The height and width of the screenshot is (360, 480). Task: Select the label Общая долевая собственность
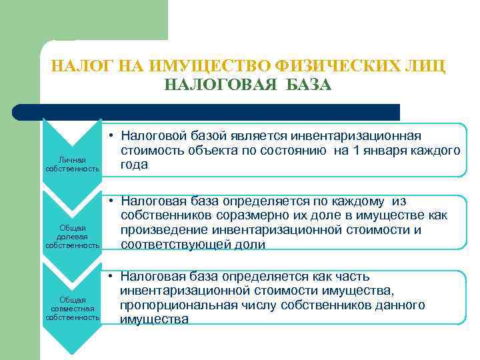pos(72,237)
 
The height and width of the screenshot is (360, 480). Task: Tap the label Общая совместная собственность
pos(72,309)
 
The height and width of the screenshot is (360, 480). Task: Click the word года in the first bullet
pos(134,165)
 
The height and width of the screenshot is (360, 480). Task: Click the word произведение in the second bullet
pos(164,230)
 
